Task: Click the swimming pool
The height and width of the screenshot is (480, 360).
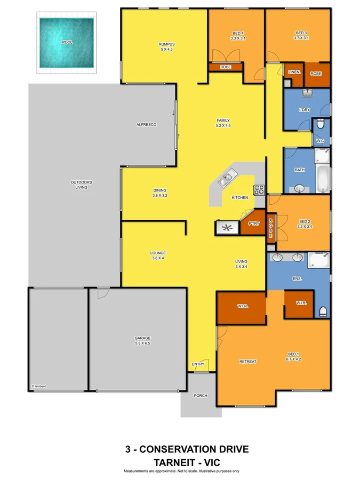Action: point(67,41)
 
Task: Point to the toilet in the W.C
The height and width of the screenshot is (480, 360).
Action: point(321,126)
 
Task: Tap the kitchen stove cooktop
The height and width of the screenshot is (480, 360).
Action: point(259,189)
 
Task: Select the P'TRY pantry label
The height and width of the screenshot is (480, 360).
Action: point(253,224)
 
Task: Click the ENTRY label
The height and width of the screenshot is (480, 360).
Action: point(198,364)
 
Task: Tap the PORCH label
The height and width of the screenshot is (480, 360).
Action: point(200,395)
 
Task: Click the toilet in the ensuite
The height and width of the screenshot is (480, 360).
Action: point(322,311)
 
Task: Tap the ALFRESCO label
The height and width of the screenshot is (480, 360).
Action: point(146,124)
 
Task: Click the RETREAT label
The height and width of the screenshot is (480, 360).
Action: point(247,362)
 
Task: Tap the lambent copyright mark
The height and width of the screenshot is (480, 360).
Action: point(39,386)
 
